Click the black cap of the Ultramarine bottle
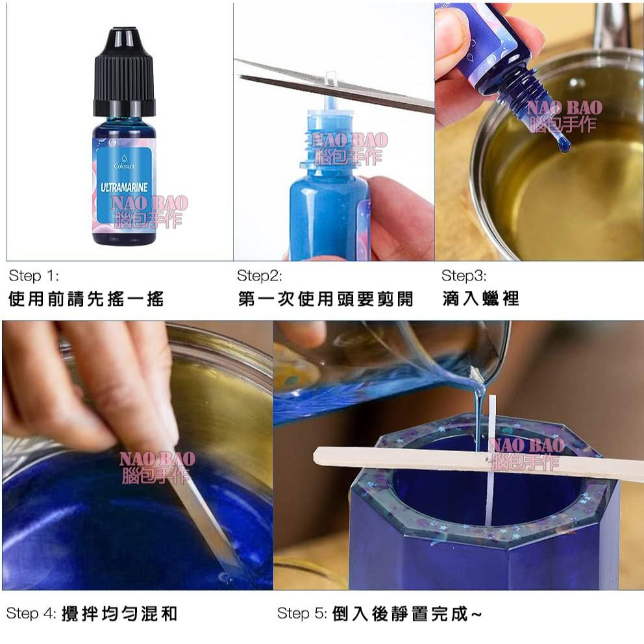click(124, 71)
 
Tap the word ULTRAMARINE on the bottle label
click(124, 187)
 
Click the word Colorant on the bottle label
click(124, 166)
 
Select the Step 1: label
click(34, 276)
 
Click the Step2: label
click(259, 276)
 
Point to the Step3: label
click(464, 276)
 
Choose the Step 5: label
click(302, 613)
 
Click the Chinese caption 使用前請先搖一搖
click(86, 299)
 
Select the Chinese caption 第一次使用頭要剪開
click(325, 299)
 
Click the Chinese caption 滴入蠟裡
click(480, 299)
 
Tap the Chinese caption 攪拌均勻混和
click(119, 613)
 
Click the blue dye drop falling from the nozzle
click(562, 143)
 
